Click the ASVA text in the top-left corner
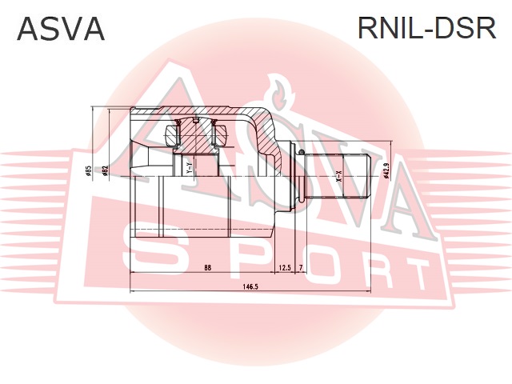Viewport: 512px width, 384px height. pos(61,29)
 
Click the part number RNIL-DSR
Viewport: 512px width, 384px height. pos(426,29)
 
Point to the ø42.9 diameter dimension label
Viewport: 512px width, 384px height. pos(386,171)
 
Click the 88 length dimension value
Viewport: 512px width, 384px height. pos(208,267)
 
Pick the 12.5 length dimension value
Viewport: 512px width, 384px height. pos(284,267)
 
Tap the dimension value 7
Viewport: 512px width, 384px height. pos(302,267)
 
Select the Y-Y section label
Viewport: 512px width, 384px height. pos(190,170)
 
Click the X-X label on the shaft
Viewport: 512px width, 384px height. pos(338,177)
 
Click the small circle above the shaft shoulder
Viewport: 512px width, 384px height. pos(299,150)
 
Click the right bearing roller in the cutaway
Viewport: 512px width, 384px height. pos(221,134)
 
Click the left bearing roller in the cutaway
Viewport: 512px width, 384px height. pos(170,134)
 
